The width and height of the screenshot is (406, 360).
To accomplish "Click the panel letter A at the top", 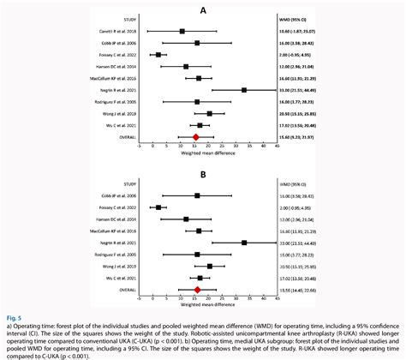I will point(202,9).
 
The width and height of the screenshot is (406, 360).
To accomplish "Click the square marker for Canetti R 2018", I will point(182,31).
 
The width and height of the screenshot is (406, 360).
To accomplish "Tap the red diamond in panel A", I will point(196,136).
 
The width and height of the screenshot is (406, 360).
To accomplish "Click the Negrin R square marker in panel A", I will point(244,89).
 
